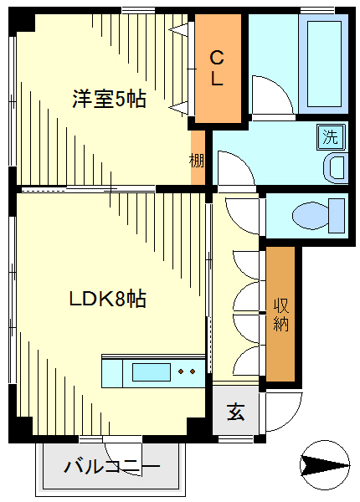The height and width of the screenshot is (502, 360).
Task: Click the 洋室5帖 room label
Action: coord(109,99)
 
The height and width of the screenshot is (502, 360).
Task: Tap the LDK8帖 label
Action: coord(108,299)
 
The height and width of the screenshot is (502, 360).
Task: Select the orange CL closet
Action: coord(218,69)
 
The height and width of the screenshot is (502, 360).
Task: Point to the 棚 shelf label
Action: coord(197,161)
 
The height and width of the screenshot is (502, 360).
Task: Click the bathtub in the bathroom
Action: coord(323,64)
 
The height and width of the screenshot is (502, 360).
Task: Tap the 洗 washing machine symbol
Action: coord(331,137)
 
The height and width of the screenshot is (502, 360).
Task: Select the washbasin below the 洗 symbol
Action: coord(336,168)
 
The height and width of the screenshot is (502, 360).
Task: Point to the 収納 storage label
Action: coord(281,315)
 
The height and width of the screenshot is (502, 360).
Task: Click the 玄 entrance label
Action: coord(236,412)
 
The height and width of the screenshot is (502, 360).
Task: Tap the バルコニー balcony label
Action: coord(112,467)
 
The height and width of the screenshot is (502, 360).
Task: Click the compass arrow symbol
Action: coord(325,464)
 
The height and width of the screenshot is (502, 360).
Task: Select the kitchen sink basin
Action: coord(152,372)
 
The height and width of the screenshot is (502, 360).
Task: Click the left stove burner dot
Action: coord(182,371)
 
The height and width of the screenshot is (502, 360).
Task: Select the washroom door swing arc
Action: coord(245,161)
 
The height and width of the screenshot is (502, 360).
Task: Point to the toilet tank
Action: coord(337,216)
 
